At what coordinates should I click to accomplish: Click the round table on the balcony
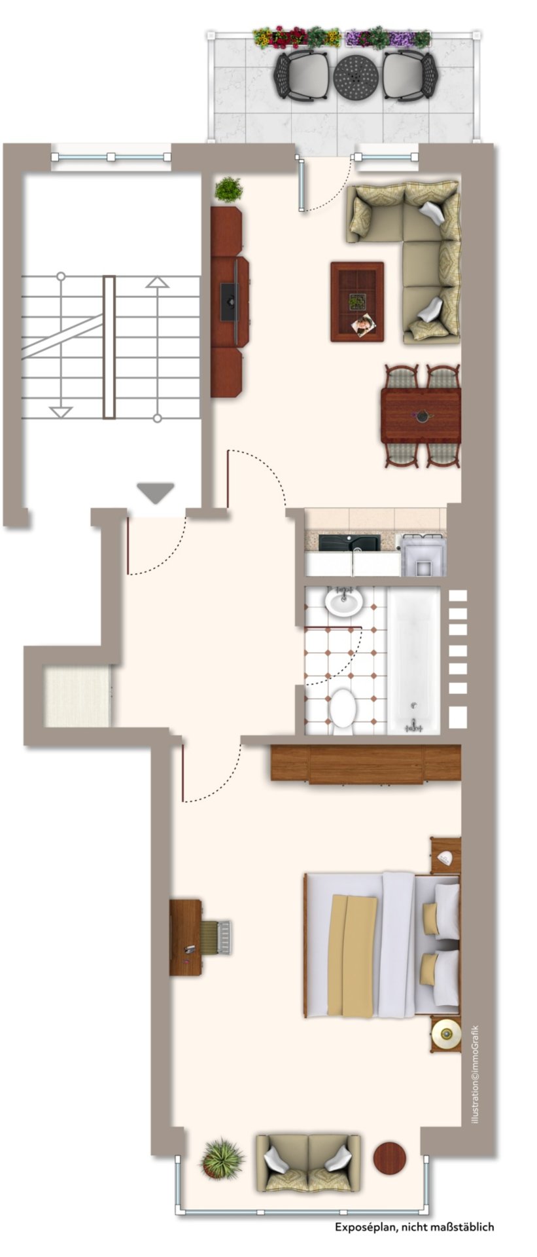(x=356, y=77)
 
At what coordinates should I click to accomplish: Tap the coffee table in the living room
(x=357, y=302)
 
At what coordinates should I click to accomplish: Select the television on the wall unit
(x=229, y=301)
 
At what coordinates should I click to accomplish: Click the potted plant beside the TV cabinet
(x=228, y=190)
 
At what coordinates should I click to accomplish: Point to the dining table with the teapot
(x=421, y=415)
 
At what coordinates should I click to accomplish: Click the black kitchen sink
(x=349, y=542)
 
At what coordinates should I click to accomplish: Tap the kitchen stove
(x=423, y=555)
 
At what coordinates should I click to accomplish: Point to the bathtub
(x=414, y=660)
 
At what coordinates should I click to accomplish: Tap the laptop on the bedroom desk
(x=216, y=937)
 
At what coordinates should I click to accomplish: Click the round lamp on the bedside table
(x=446, y=1034)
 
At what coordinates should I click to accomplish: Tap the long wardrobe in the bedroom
(x=366, y=763)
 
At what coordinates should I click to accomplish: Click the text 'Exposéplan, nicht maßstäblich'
(x=415, y=1228)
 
